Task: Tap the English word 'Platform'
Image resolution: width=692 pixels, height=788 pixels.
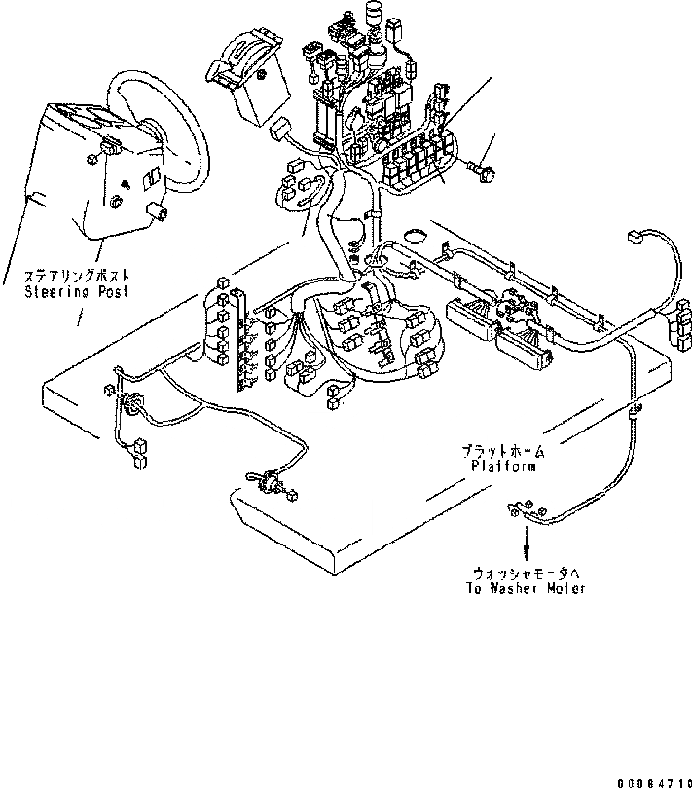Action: point(503,467)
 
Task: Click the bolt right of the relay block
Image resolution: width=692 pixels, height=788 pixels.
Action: point(482,171)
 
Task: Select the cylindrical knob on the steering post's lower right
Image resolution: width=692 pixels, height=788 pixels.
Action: point(156,211)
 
